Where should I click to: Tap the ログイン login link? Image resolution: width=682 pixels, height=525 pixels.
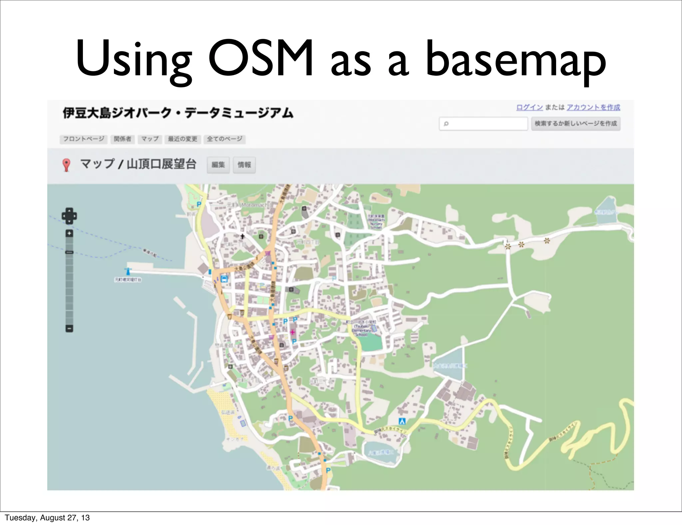pos(529,107)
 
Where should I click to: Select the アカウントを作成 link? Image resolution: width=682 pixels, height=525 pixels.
pos(593,107)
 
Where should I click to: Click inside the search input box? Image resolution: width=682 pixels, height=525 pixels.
pos(484,124)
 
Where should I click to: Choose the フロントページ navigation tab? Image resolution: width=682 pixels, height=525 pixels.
pos(84,139)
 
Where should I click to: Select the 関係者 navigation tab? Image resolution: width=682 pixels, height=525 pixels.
pos(122,139)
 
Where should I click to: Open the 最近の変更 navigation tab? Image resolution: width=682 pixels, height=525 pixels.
pos(182,139)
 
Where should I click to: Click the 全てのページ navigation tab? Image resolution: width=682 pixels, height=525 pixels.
pos(224,139)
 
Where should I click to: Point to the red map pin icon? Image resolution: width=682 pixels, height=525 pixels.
pos(66,165)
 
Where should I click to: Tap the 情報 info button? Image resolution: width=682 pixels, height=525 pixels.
pos(244,165)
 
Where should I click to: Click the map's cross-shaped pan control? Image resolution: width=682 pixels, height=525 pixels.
pos(69,216)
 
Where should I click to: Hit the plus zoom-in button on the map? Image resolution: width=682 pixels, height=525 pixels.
pos(69,233)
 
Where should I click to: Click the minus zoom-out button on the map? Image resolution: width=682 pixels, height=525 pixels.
pos(69,328)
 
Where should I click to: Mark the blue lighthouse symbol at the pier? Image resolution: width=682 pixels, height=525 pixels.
pos(128,271)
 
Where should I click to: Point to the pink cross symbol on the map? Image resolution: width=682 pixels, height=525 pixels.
pos(293,332)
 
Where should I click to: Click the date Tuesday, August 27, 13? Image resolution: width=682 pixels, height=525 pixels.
pos(47,518)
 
